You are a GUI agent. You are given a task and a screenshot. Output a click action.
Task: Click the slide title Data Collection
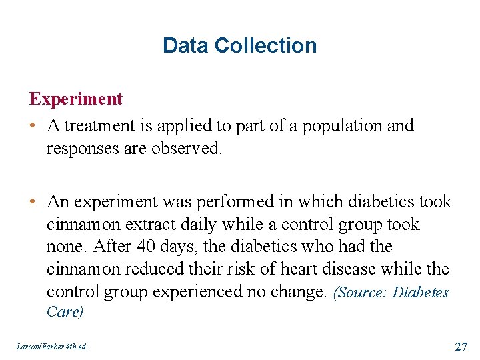(x=239, y=45)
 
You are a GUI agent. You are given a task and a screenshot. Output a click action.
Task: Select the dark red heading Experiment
(x=75, y=99)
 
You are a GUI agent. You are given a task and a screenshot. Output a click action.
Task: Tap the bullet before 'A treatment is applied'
(x=33, y=126)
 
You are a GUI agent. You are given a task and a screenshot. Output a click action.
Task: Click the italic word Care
(x=64, y=312)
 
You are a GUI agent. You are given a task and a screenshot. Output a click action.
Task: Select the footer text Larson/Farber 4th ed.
(x=51, y=347)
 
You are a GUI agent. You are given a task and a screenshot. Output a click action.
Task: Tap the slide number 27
(x=461, y=346)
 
